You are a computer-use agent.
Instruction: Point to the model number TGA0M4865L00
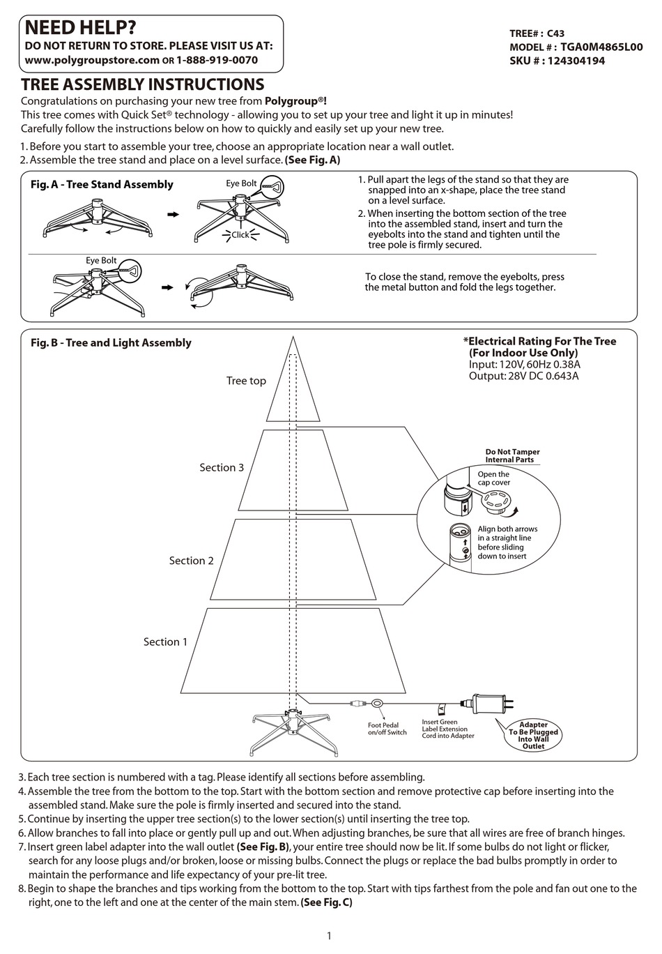click(x=601, y=47)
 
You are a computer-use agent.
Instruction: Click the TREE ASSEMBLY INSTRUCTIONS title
click(x=142, y=85)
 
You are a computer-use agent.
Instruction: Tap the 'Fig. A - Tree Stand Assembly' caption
click(x=102, y=184)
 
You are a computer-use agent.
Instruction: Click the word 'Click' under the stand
click(x=240, y=235)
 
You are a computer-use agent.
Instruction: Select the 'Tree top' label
click(x=246, y=381)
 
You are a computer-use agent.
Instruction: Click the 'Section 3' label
click(x=222, y=467)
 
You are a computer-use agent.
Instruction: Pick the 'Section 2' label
click(x=191, y=561)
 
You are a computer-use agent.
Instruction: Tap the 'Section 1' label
click(x=165, y=642)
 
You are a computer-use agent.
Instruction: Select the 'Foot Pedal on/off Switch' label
click(x=387, y=729)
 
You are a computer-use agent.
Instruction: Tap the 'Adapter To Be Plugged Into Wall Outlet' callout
click(x=533, y=735)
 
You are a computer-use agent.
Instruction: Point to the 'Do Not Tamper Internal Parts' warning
click(x=512, y=455)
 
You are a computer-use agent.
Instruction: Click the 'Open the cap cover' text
click(x=493, y=478)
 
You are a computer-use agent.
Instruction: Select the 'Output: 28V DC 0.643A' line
click(x=523, y=376)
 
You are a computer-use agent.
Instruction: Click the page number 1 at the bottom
click(x=329, y=936)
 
